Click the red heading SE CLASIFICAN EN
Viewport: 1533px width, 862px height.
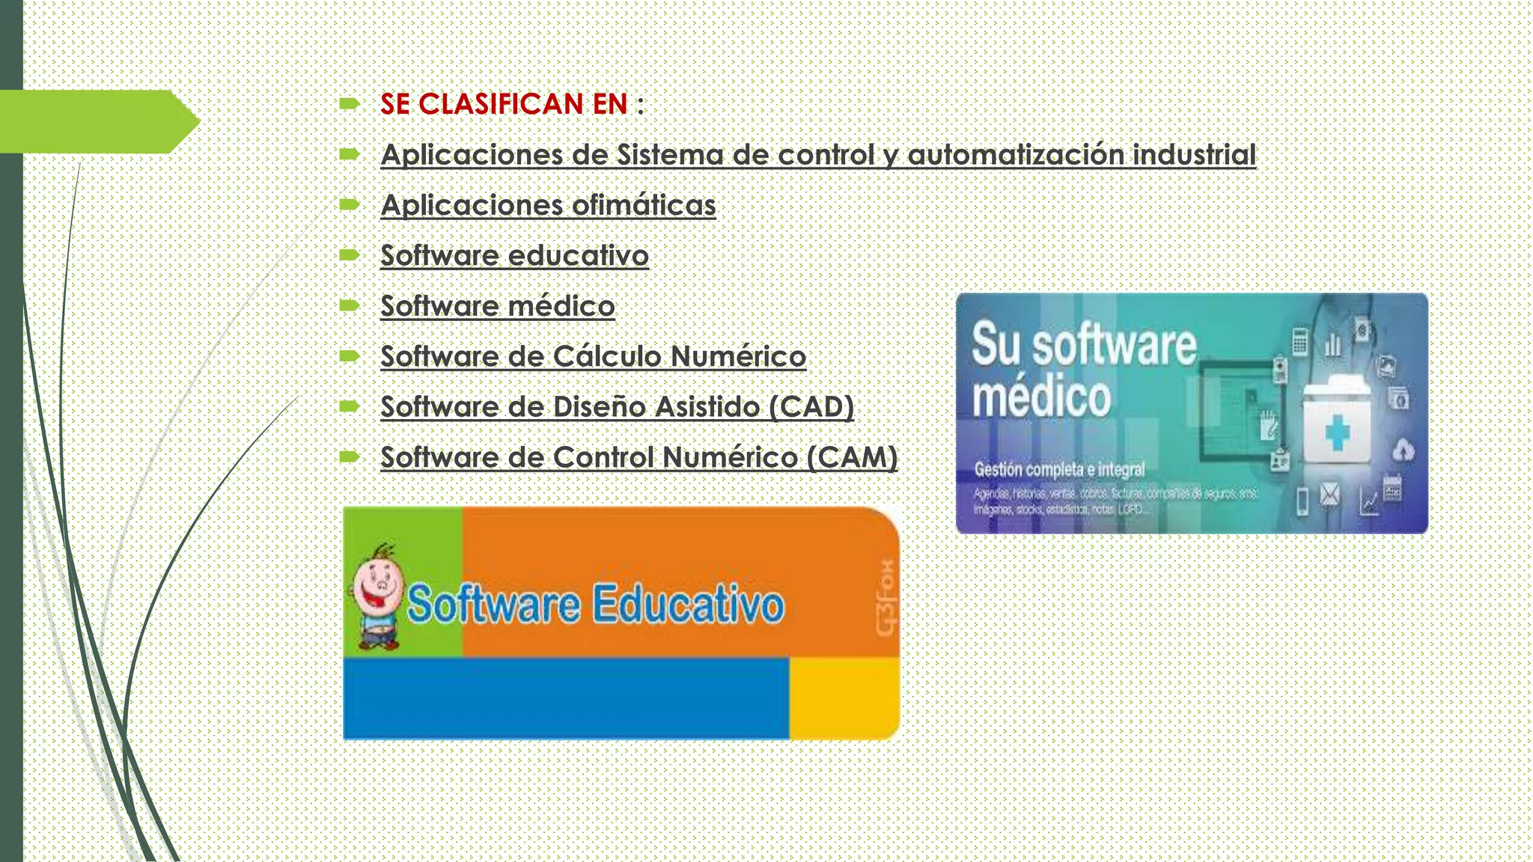click(x=503, y=104)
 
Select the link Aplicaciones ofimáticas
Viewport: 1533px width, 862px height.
click(x=548, y=205)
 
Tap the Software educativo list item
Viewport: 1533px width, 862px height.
click(x=514, y=255)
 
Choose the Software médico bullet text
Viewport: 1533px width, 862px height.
click(x=497, y=306)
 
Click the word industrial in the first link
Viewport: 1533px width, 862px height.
click(x=1193, y=155)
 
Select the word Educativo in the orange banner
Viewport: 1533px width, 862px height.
click(x=689, y=605)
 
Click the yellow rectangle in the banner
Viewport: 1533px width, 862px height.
click(x=844, y=697)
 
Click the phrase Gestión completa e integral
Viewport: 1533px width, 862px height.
click(x=1059, y=470)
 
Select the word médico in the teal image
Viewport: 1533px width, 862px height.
click(x=1041, y=397)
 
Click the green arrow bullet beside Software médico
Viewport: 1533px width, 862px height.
click(x=350, y=305)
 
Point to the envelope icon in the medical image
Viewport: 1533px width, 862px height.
click(x=1329, y=495)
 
